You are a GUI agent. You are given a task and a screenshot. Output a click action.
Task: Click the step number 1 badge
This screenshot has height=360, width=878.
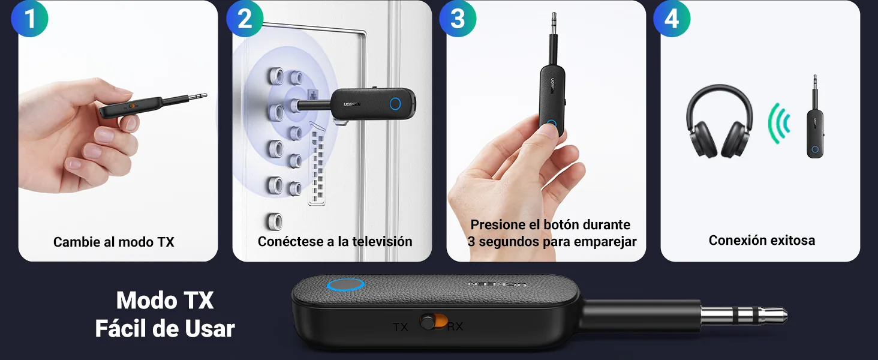(x=29, y=19)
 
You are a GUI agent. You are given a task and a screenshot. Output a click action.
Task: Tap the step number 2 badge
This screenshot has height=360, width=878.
(x=245, y=19)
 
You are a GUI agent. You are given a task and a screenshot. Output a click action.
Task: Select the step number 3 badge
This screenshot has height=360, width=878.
(x=458, y=19)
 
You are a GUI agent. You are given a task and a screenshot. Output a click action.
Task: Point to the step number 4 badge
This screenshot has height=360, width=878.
(x=672, y=19)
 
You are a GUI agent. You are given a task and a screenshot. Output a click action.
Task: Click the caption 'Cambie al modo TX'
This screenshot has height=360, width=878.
(x=114, y=242)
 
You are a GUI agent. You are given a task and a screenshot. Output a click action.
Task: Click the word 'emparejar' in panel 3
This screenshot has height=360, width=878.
(x=605, y=242)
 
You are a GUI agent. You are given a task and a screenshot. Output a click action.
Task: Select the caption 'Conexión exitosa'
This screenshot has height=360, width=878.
(x=762, y=240)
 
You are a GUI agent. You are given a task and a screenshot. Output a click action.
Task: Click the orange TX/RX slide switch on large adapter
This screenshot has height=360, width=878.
(x=434, y=322)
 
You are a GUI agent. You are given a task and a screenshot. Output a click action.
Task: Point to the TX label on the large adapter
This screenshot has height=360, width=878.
(x=400, y=327)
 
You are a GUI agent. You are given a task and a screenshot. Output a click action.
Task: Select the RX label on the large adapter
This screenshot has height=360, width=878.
(x=455, y=326)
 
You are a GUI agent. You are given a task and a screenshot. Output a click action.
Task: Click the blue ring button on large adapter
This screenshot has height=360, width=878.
(x=345, y=285)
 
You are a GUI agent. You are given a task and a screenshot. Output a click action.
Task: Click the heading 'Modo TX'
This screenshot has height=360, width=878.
(x=164, y=301)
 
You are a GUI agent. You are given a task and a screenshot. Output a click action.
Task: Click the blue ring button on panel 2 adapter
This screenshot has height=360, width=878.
(x=395, y=104)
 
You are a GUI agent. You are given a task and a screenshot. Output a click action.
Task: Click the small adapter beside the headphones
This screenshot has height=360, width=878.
(x=814, y=117)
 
